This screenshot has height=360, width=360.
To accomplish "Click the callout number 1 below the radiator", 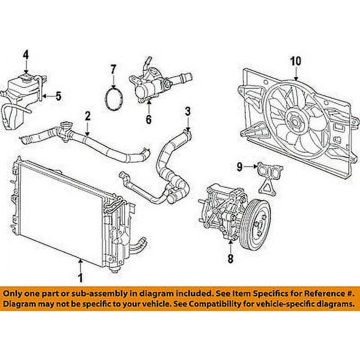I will click(x=80, y=277).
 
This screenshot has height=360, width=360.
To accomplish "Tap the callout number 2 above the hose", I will click(x=87, y=116).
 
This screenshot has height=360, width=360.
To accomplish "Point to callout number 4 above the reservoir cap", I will click(x=25, y=55).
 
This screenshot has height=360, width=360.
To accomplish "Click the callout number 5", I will click(x=58, y=96).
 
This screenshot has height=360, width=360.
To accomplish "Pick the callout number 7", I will click(x=112, y=70).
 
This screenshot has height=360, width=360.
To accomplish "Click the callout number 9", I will click(x=239, y=166).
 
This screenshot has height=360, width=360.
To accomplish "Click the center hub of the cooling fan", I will click(x=295, y=119).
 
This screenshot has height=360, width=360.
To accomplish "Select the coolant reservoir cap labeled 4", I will click(x=26, y=74).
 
